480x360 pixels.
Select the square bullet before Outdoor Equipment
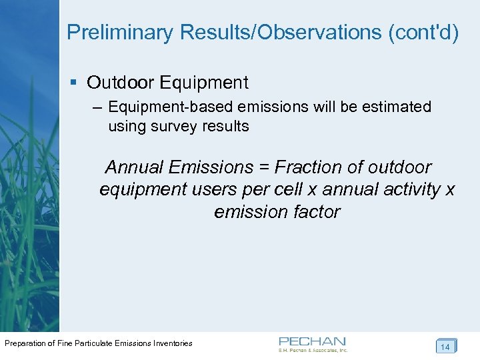pyautogui.click(x=73, y=83)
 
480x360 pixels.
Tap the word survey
pyautogui.click(x=174, y=126)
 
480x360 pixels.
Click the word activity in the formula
pyautogui.click(x=413, y=190)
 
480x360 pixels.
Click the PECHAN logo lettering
pyautogui.click(x=312, y=341)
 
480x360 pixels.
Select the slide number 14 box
pyautogui.click(x=445, y=347)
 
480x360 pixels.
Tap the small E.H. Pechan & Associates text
pyautogui.click(x=313, y=350)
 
